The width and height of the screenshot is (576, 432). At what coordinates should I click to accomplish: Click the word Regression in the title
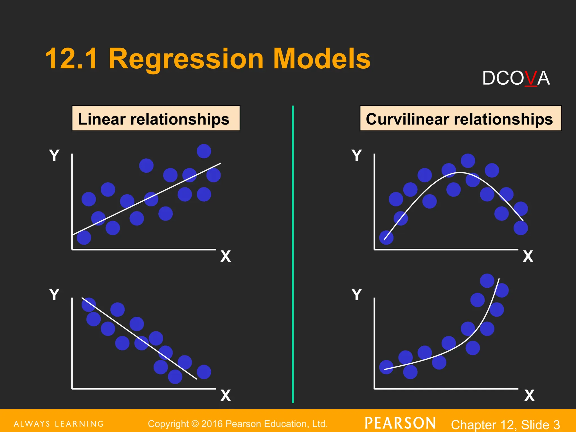pyautogui.click(x=186, y=59)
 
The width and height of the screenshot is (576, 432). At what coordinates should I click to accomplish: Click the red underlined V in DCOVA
pyautogui.click(x=531, y=78)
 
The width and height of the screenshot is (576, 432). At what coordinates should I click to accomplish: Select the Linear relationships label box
pyautogui.click(x=156, y=118)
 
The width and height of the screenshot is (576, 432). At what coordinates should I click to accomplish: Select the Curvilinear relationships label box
pyautogui.click(x=460, y=118)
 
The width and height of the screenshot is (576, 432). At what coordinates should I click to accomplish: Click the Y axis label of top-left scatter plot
pyautogui.click(x=54, y=155)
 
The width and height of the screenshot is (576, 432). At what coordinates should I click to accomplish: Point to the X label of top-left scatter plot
pyautogui.click(x=226, y=256)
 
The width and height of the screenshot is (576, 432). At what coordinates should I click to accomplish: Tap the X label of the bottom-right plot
pyautogui.click(x=529, y=395)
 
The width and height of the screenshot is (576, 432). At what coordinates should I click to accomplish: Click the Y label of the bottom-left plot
pyautogui.click(x=54, y=294)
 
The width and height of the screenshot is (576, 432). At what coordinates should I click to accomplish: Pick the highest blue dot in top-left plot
pyautogui.click(x=204, y=151)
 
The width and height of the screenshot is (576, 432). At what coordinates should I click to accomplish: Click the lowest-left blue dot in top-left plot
pyautogui.click(x=84, y=238)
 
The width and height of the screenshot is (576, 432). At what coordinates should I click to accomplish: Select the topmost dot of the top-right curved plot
pyautogui.click(x=468, y=161)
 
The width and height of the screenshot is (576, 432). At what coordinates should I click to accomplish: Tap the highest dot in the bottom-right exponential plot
pyautogui.click(x=487, y=281)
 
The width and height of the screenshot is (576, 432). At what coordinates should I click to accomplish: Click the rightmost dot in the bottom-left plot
pyautogui.click(x=204, y=372)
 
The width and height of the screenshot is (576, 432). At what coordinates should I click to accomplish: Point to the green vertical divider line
pyautogui.click(x=293, y=253)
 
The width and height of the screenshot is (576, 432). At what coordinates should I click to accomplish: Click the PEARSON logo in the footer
pyautogui.click(x=400, y=423)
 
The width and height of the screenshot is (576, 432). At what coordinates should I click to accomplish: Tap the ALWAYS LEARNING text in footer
pyautogui.click(x=58, y=424)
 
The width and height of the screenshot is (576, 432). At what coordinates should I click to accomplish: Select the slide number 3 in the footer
pyautogui.click(x=556, y=424)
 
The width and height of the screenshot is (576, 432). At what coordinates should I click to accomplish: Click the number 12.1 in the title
pyautogui.click(x=72, y=59)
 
